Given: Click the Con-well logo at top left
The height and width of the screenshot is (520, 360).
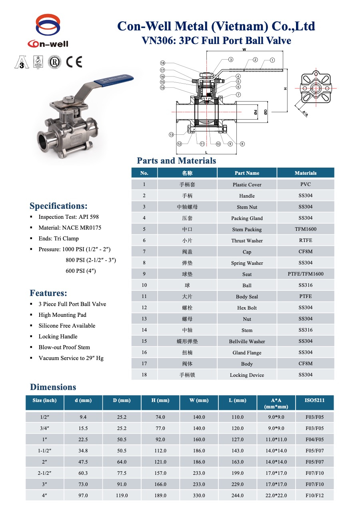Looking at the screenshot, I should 48,31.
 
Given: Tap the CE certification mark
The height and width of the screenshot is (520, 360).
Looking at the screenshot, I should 74,62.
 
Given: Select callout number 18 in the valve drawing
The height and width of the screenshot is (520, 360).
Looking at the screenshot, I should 162,63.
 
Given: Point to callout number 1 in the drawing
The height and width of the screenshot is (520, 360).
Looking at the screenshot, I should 272,60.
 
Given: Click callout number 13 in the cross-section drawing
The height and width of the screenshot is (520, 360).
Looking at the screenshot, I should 171,134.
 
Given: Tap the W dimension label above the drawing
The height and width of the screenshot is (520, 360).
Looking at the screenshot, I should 244,50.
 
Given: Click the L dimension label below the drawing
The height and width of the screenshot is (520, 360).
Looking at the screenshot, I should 206,152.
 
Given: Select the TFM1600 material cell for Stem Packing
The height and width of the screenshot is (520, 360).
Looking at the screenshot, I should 306,229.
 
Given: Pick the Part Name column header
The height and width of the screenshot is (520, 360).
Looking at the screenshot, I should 247,173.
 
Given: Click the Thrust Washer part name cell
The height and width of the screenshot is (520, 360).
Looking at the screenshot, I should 247,240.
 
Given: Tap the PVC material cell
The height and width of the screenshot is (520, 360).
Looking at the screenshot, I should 306,184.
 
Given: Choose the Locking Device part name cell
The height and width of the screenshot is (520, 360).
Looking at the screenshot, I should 247,375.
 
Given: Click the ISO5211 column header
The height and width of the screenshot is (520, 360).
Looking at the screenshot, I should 314,400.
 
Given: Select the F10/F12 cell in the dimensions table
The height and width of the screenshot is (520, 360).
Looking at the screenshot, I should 314,495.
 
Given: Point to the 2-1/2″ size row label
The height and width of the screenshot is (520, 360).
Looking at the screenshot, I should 44,473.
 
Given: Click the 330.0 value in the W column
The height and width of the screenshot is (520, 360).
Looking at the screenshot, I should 199,495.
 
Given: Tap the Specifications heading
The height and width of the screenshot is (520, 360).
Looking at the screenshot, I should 58,206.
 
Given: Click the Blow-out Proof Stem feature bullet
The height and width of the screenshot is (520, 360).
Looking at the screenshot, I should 64,347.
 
